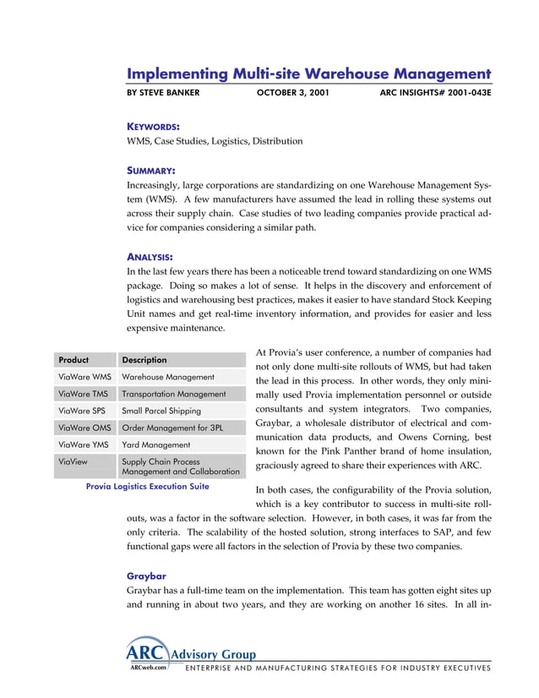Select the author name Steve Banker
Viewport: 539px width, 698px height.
point(163,92)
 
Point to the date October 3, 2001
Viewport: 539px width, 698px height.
point(292,92)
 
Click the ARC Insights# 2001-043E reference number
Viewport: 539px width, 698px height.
point(435,92)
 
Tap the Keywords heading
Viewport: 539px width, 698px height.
point(153,126)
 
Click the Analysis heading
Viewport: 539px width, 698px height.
point(150,256)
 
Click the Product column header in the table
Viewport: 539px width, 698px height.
point(73,359)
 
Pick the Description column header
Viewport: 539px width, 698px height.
point(144,359)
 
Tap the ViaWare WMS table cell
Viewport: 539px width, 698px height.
point(84,377)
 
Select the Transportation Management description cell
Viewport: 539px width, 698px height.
point(174,394)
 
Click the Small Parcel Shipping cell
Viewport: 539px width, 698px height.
point(161,411)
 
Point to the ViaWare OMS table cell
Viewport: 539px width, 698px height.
point(84,428)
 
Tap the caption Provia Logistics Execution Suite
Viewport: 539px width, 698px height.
point(148,487)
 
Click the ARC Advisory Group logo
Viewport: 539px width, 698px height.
point(189,653)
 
